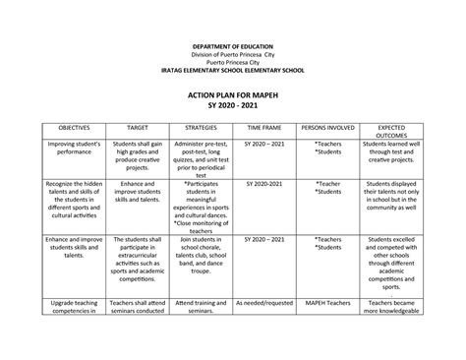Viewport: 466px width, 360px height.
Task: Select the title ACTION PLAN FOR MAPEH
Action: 233,90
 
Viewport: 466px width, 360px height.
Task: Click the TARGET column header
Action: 131,128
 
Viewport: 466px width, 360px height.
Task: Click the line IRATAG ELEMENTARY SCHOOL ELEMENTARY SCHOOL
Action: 233,71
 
